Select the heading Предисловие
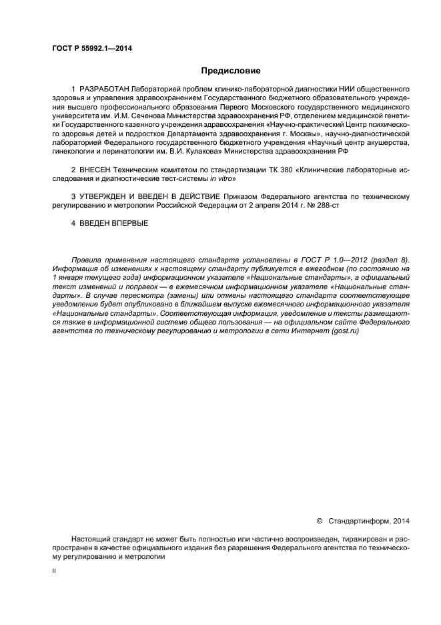click(231, 71)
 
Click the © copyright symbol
click(318, 521)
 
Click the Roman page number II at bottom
click(54, 572)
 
